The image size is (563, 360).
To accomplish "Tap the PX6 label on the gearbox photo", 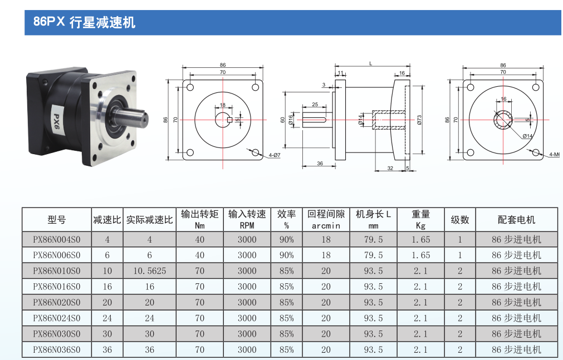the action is pyautogui.click(x=56, y=122).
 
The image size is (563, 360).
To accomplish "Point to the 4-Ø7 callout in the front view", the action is pyautogui.click(x=275, y=155).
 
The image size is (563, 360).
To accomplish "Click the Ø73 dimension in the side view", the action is pyautogui.click(x=419, y=120).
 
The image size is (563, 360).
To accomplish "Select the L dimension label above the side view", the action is pyautogui.click(x=371, y=63).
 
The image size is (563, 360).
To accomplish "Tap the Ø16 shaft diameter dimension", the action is pyautogui.click(x=291, y=120).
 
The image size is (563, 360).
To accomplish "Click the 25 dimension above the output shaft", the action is pyautogui.click(x=315, y=105).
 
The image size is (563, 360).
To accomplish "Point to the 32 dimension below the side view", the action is pyautogui.click(x=390, y=168).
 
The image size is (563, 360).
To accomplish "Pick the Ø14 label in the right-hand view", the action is pyautogui.click(x=527, y=136).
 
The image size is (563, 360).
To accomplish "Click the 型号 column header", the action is pyautogui.click(x=57, y=220).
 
